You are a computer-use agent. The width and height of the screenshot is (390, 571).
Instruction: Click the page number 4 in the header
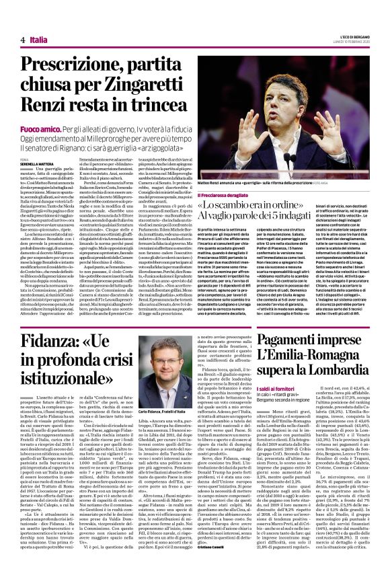[x=13, y=40]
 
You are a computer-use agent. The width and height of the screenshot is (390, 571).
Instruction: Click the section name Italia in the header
[x=38, y=40]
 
